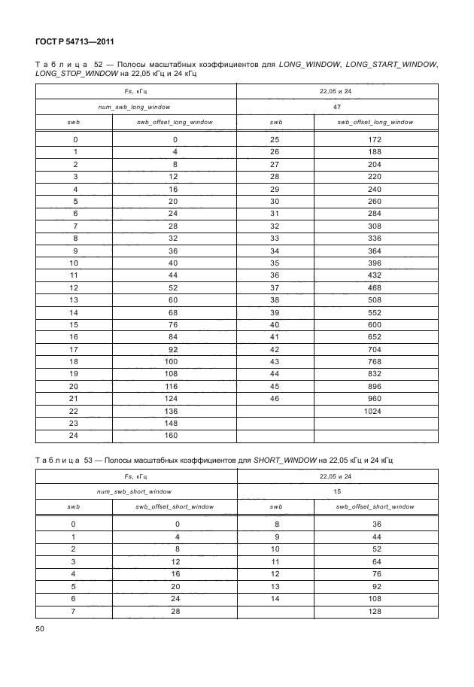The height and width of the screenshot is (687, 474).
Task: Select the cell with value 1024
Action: tap(375, 411)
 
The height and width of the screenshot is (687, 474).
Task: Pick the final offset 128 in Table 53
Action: tap(375, 611)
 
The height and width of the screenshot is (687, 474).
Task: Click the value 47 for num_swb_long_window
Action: tap(337, 108)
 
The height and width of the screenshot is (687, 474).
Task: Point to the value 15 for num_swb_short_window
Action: tap(337, 491)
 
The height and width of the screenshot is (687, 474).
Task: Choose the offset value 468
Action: tap(375, 287)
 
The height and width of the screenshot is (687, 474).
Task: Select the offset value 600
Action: tap(375, 324)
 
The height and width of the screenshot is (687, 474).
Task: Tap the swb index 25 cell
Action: tap(275, 140)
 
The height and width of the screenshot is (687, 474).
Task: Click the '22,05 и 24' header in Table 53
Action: tap(337, 476)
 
